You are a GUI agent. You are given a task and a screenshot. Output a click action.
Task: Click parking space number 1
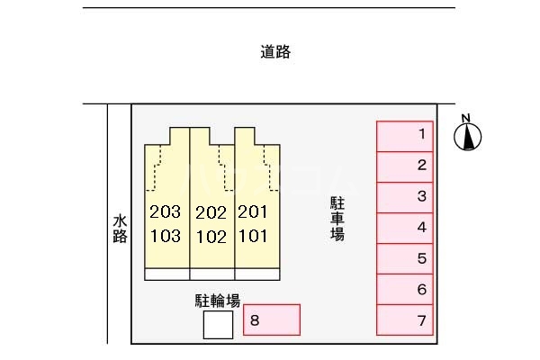[405, 137]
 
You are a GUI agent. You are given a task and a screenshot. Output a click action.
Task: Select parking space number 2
[405, 167]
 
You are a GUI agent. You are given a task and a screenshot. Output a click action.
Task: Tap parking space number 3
[405, 198]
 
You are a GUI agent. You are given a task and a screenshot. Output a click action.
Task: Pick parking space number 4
[405, 229]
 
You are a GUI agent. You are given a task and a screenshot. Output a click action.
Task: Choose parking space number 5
[405, 259]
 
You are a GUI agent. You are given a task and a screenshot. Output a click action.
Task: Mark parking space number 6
[405, 290]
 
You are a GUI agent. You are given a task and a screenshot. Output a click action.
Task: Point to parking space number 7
[405, 320]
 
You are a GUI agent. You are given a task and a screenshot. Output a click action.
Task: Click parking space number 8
[272, 319]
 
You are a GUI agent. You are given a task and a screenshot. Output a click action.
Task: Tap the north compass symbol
[467, 133]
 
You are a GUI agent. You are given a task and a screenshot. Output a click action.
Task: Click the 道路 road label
[275, 52]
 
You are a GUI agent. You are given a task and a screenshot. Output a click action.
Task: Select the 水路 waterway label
[120, 229]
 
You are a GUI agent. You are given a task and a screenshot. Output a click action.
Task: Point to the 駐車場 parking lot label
[337, 219]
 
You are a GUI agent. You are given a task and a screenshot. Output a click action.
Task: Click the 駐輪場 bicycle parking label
[218, 301]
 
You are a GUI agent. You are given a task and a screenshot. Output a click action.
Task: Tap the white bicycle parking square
[218, 325]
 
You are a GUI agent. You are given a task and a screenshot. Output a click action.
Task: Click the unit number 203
[166, 211]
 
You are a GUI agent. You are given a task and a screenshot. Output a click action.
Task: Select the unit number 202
[211, 213]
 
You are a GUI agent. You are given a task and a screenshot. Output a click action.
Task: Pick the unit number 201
[252, 211]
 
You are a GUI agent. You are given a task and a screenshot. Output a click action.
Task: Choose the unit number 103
[166, 237]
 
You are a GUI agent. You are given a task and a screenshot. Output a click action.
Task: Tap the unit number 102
[211, 237]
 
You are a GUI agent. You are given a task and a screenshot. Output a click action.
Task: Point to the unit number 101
[253, 237]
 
